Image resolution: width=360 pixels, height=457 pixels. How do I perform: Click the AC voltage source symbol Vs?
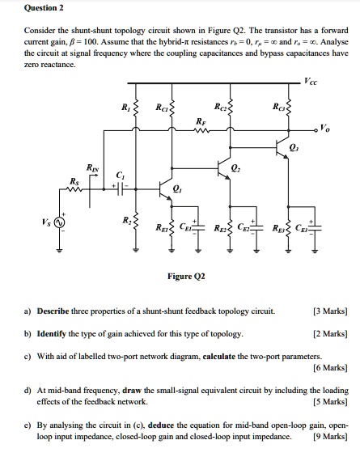(60, 222)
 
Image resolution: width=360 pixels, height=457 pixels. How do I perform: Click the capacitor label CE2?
(244, 227)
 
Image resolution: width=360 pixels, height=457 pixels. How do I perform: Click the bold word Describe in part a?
(60, 310)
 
